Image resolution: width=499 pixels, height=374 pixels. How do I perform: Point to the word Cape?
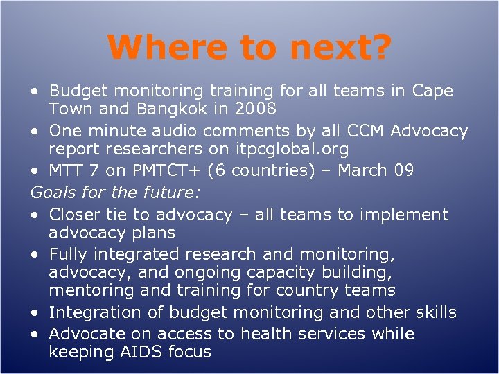pyautogui.click(x=432, y=91)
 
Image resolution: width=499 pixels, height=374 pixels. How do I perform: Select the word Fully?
pyautogui.click(x=69, y=254)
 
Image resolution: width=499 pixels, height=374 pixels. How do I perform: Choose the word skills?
pyautogui.click(x=432, y=312)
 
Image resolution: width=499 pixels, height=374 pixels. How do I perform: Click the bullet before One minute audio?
pyautogui.click(x=35, y=132)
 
